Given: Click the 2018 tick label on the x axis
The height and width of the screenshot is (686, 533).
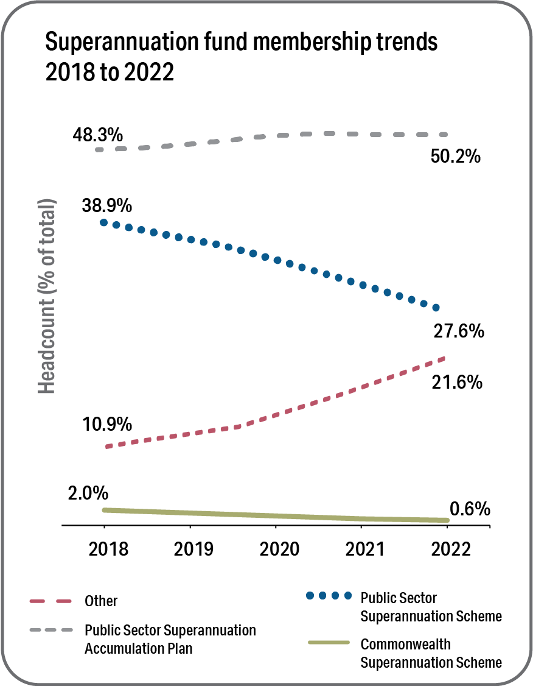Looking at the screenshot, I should coord(109,548).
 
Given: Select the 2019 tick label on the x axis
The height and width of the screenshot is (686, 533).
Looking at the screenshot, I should coord(194,548).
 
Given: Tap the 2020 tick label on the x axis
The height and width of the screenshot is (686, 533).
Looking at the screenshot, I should coord(280,548).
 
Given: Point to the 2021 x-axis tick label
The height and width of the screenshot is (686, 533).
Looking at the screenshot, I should coord(364,548).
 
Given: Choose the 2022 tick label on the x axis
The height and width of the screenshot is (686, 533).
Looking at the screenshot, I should coord(450,548).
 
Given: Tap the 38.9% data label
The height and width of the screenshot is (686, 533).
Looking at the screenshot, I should coord(106,205).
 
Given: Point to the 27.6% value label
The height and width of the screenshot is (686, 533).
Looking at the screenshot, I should coord(459,331).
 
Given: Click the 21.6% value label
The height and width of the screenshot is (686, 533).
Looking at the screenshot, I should coord(458,383).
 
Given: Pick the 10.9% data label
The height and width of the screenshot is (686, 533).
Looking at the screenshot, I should coord(107,423).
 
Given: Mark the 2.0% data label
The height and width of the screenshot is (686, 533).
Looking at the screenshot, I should coord(88,492).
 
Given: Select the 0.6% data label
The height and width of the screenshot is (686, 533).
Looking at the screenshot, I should coord(470,509).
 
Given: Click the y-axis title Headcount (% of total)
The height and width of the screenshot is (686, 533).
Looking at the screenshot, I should coord(47,296).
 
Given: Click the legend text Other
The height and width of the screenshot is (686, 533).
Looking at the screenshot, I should coord(101,601).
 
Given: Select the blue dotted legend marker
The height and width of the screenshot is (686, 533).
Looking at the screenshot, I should coord(329,595).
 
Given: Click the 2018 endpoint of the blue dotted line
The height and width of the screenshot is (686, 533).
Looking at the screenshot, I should coord(104,222).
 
